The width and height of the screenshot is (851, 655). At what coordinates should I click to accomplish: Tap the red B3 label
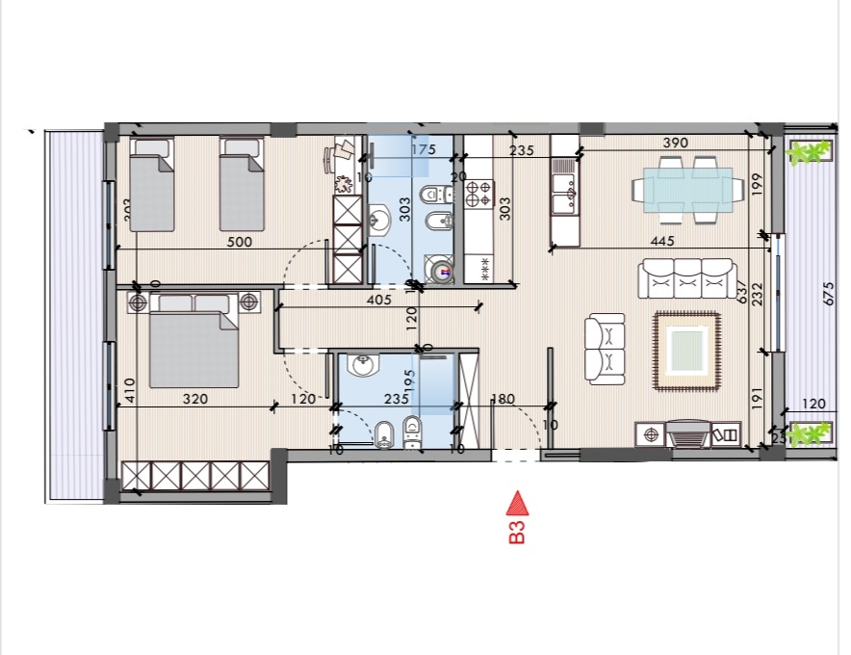[517, 532]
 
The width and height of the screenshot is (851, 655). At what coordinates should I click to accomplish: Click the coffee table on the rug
[687, 349]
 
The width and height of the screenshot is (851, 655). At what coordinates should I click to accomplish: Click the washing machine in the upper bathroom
[442, 273]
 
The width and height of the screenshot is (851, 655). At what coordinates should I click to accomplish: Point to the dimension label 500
[240, 243]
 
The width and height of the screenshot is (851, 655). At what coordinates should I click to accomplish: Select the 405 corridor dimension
[378, 301]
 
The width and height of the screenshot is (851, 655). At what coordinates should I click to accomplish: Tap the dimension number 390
[676, 143]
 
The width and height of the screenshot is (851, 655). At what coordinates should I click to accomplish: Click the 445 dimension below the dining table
[660, 242]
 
